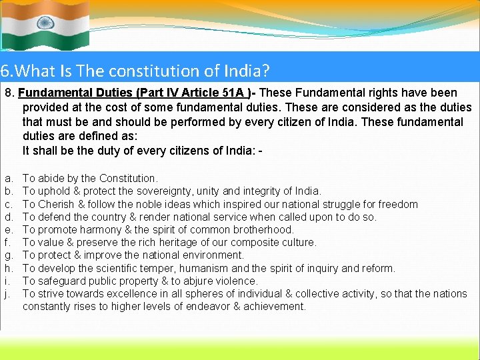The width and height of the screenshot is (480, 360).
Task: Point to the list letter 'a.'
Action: click(x=9, y=179)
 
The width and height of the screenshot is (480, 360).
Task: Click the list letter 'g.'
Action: click(x=9, y=255)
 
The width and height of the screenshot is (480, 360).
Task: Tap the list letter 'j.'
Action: click(x=8, y=294)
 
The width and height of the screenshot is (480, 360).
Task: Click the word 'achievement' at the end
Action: click(x=274, y=307)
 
